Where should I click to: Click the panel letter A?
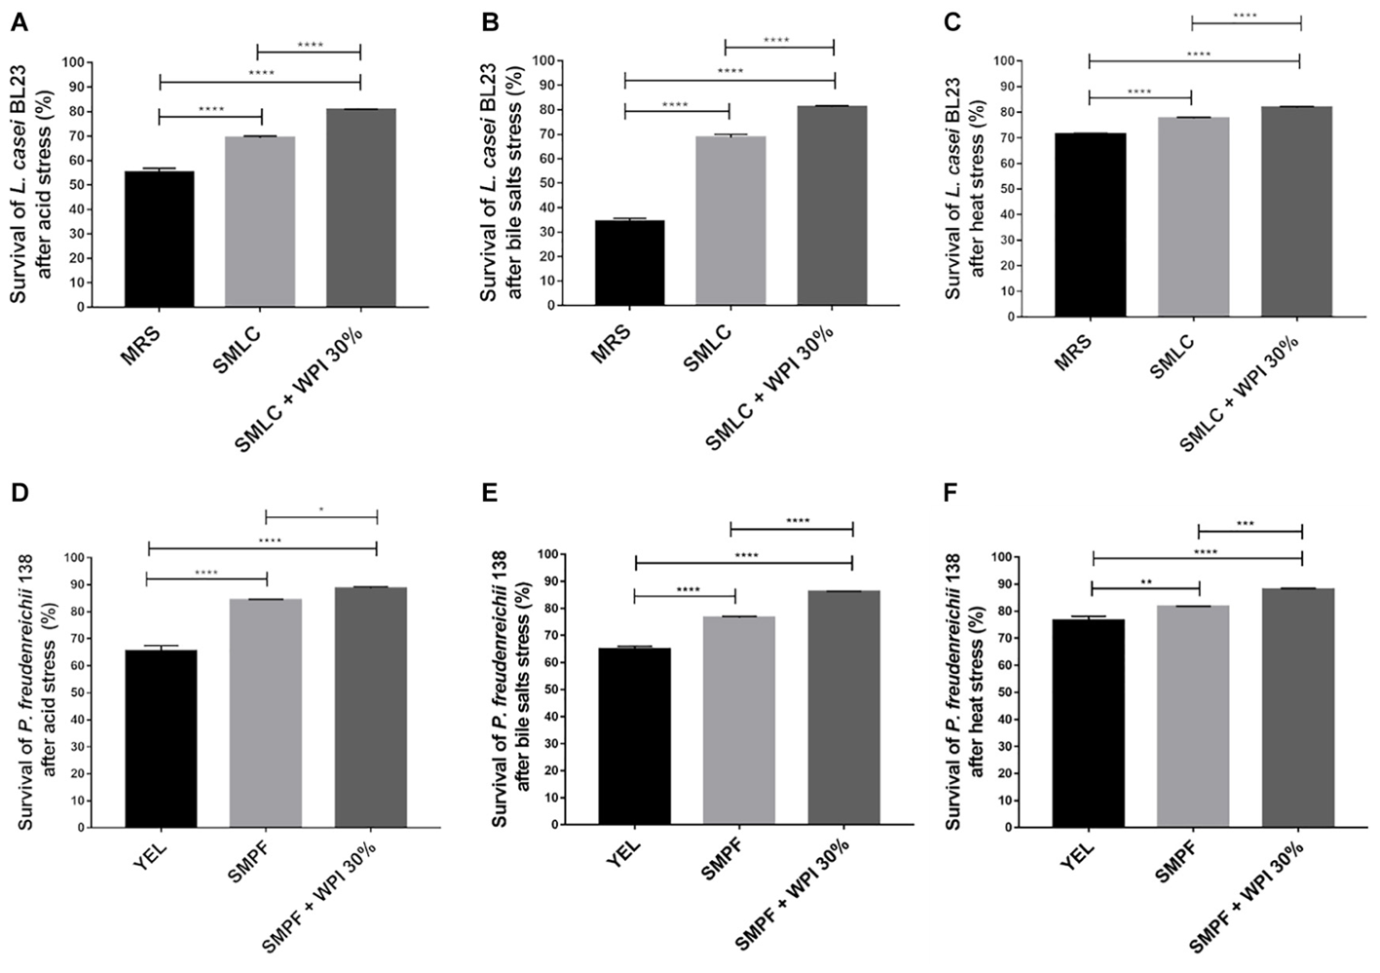point(18,25)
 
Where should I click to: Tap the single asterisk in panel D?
point(321,508)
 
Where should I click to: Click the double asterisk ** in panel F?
point(1146,580)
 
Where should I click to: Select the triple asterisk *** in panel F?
point(1246,524)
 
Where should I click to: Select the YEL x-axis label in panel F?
point(1077,857)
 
